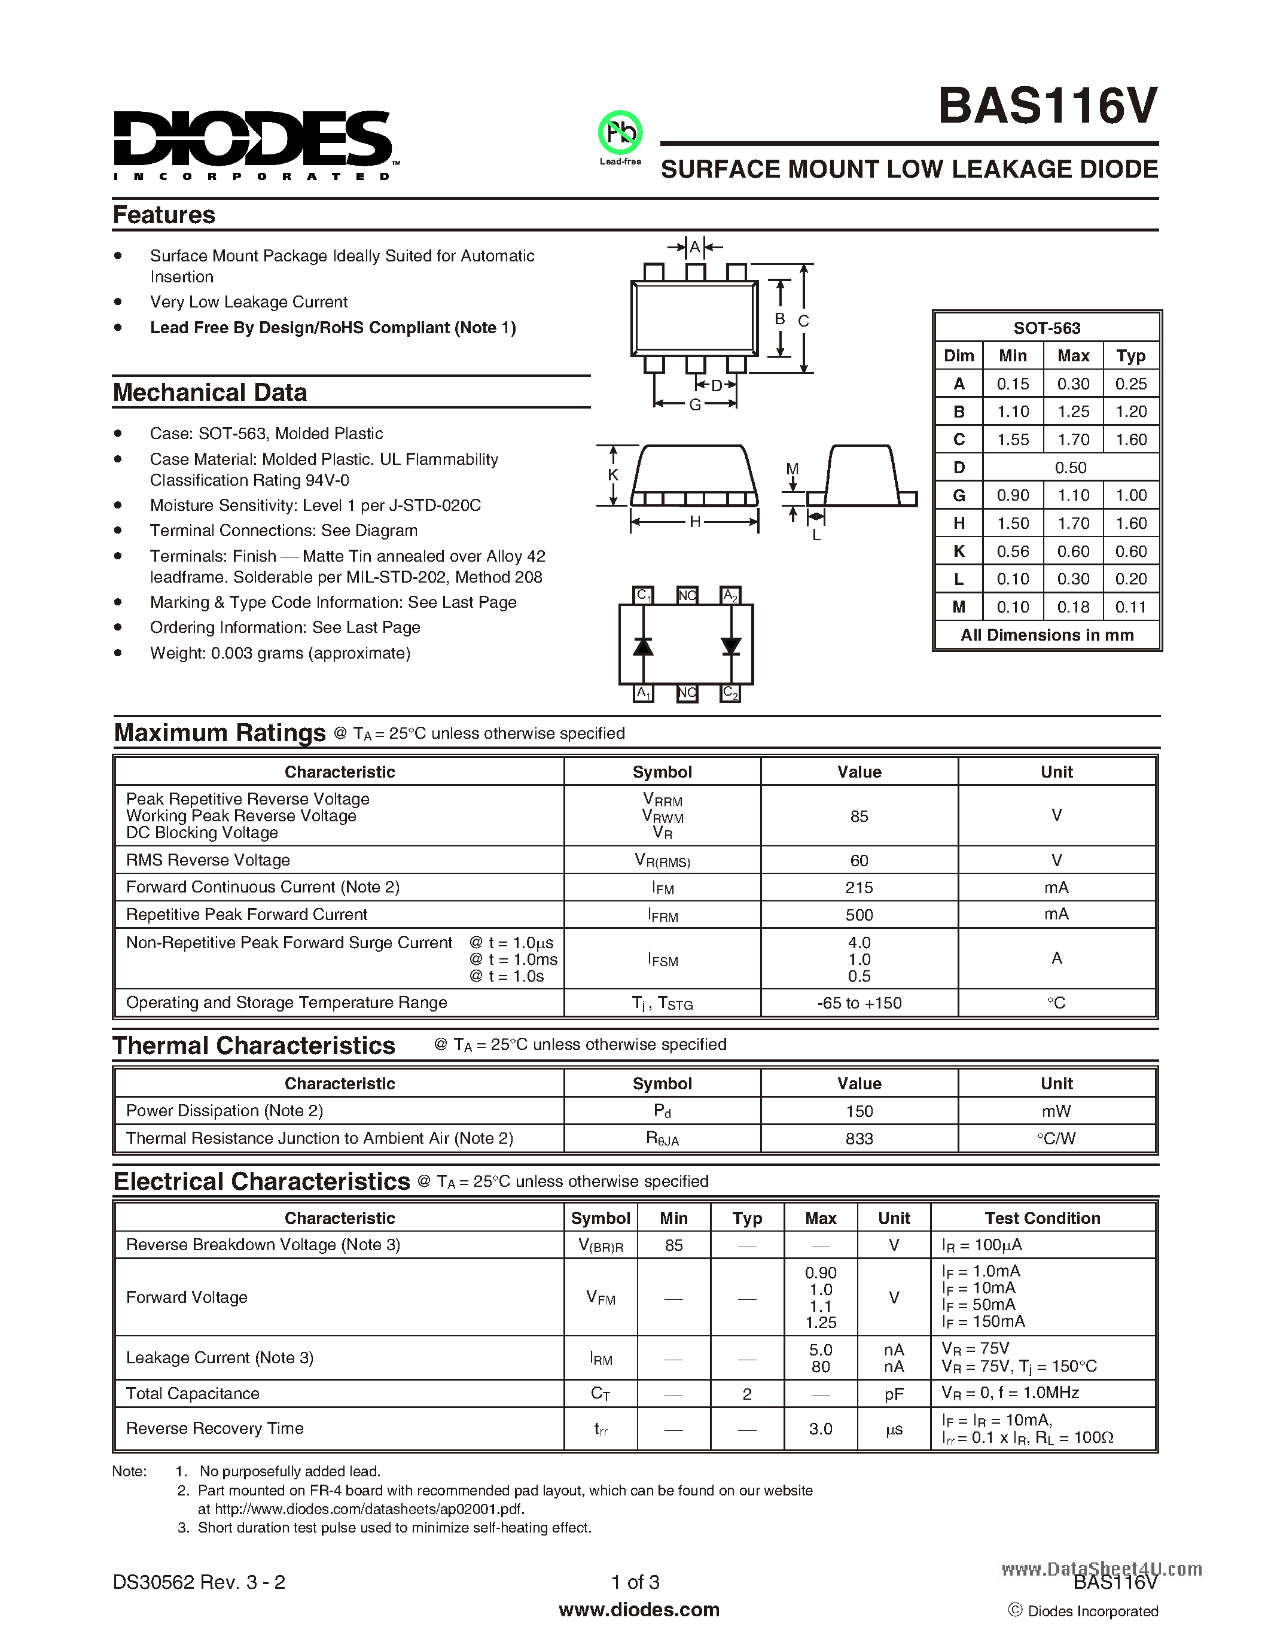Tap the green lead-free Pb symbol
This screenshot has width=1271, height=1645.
click(x=620, y=133)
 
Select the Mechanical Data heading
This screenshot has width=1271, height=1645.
click(x=210, y=392)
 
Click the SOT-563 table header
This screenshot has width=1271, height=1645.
click(x=1047, y=328)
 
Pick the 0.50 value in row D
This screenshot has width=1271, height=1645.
click(x=1070, y=468)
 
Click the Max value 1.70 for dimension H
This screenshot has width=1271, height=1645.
click(x=1073, y=523)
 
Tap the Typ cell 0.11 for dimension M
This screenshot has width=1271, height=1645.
click(x=1131, y=607)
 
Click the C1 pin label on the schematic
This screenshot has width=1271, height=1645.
click(x=643, y=595)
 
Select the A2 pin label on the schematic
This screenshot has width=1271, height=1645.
click(x=730, y=595)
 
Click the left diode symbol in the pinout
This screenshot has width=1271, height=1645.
click(x=642, y=646)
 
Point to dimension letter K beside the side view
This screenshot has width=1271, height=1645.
click(x=613, y=474)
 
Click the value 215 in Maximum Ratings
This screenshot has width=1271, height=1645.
click(x=858, y=887)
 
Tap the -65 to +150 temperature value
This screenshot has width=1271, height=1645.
click(x=858, y=1003)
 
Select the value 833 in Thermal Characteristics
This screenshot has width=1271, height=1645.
click(x=858, y=1139)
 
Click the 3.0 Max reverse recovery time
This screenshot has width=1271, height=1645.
click(x=820, y=1429)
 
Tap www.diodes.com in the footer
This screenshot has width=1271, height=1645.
click(x=639, y=1610)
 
